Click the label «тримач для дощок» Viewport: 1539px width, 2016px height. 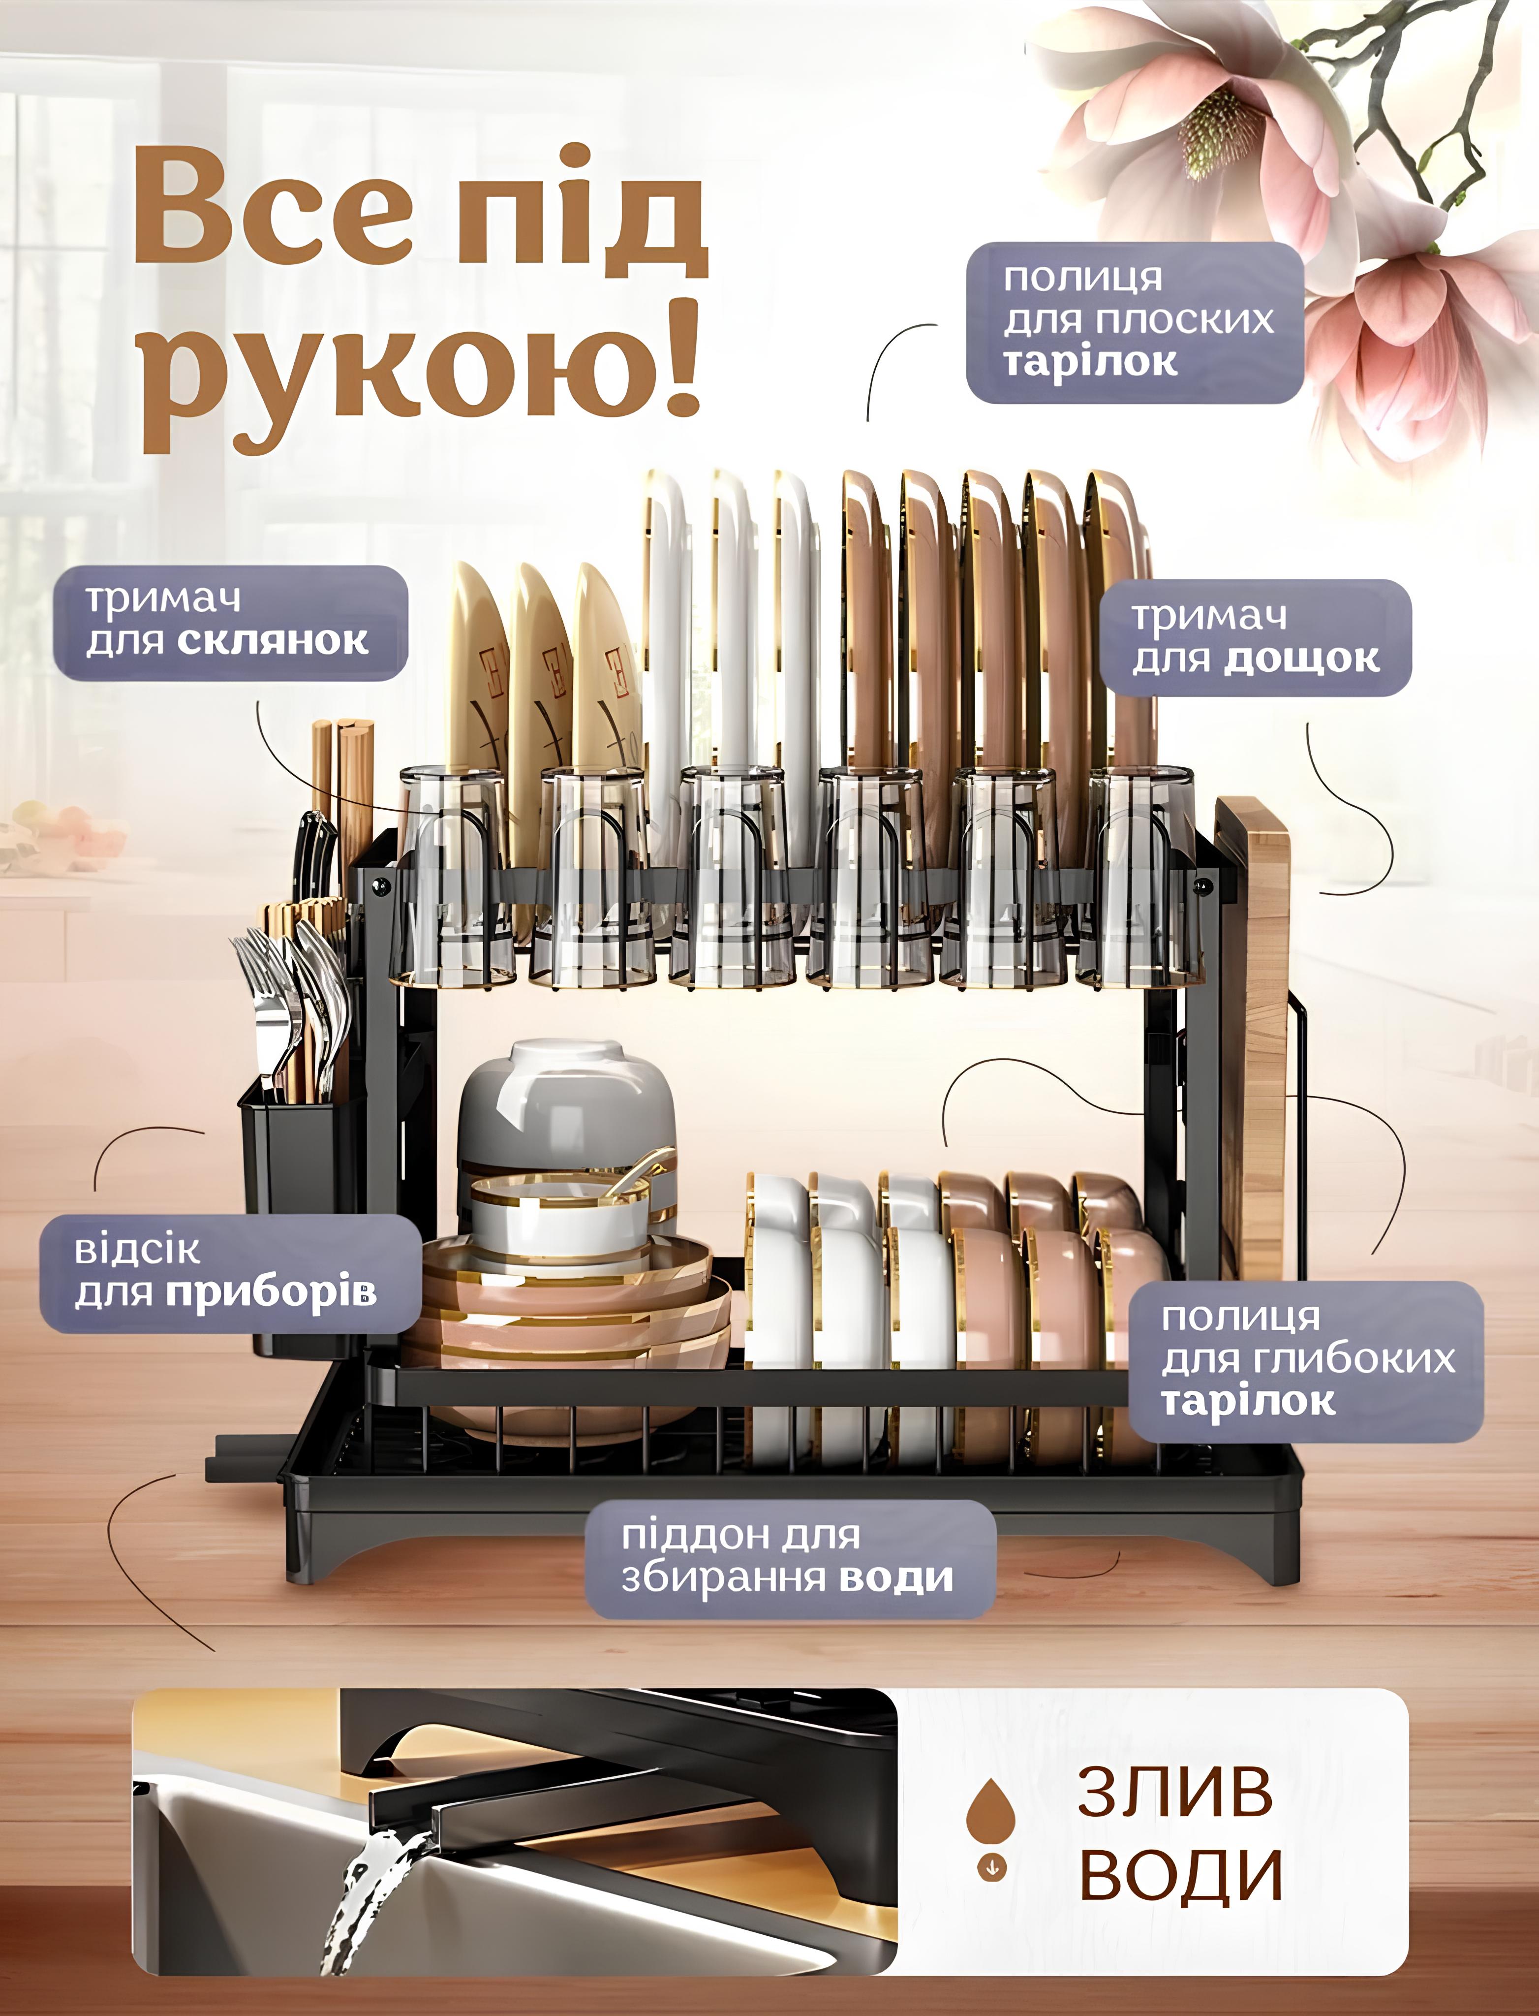click(1255, 638)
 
